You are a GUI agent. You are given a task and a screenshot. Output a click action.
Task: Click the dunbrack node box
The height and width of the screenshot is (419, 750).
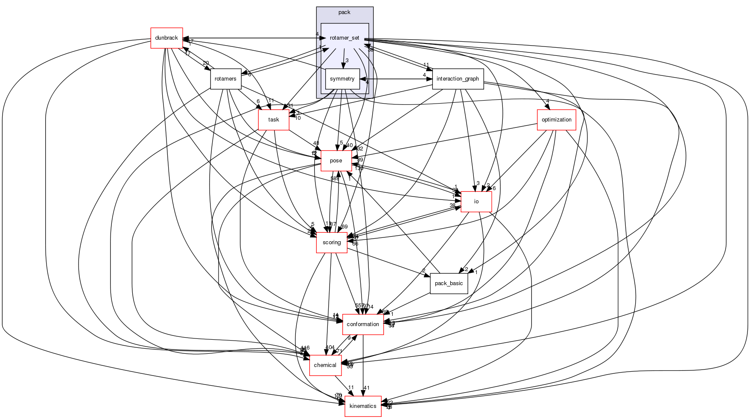(x=166, y=38)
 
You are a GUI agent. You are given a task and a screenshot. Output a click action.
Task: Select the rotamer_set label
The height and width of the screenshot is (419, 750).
(x=344, y=38)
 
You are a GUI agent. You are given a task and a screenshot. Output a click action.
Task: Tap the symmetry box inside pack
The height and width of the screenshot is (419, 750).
(x=342, y=79)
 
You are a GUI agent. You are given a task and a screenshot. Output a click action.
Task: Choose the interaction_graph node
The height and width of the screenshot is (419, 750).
(x=458, y=79)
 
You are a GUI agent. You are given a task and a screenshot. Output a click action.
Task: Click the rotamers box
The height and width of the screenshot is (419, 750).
(x=225, y=79)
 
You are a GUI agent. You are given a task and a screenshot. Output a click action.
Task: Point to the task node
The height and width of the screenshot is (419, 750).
(x=274, y=120)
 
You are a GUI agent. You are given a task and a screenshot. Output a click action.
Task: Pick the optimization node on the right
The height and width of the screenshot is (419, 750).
(x=556, y=120)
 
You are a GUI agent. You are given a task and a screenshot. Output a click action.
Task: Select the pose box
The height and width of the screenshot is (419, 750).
(x=336, y=161)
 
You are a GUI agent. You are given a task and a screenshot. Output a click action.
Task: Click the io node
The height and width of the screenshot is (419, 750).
(x=476, y=202)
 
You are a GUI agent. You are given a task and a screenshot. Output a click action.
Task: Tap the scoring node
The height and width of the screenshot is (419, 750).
(x=332, y=243)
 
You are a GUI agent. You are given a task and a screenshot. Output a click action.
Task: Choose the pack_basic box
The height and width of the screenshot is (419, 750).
(x=449, y=283)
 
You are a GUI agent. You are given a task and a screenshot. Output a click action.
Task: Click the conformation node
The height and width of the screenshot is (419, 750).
(x=363, y=324)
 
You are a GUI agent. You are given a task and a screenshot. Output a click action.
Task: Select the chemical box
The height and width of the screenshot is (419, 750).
(x=325, y=365)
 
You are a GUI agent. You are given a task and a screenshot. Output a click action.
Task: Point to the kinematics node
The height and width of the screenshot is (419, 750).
(x=363, y=406)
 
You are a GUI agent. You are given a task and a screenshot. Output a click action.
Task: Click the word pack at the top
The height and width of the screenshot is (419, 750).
(x=344, y=12)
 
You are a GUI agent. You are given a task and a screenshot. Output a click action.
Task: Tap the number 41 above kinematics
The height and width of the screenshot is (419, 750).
(x=366, y=388)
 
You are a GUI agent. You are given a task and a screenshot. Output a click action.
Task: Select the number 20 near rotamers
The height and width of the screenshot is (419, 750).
(x=206, y=63)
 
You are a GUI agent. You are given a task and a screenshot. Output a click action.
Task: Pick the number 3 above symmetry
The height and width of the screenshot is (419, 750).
(x=347, y=61)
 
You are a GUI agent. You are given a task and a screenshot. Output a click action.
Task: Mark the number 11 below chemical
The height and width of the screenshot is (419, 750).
(x=351, y=387)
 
